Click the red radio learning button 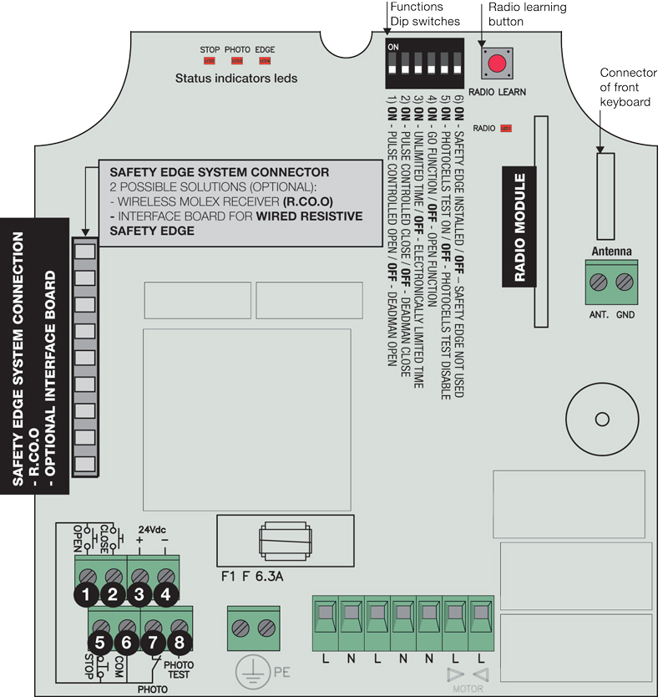tap(498, 63)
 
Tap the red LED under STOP tap(210, 61)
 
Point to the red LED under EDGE tap(265, 61)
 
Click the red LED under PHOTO tap(237, 61)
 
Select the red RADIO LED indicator tap(505, 129)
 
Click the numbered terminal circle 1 tap(85, 595)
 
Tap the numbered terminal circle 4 tap(167, 595)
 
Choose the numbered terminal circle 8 tap(180, 643)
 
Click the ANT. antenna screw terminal tap(598, 282)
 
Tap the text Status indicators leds tap(236, 79)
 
